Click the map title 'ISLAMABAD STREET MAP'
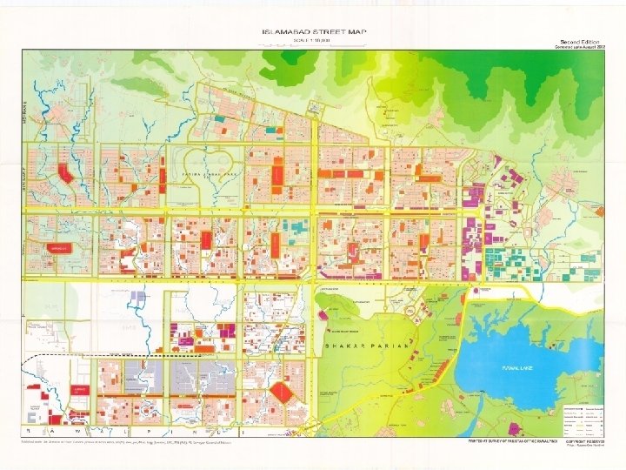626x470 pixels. click(314, 32)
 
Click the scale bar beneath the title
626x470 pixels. click(314, 45)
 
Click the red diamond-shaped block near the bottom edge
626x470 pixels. click(283, 393)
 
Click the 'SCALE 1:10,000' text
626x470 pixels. click(314, 40)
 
